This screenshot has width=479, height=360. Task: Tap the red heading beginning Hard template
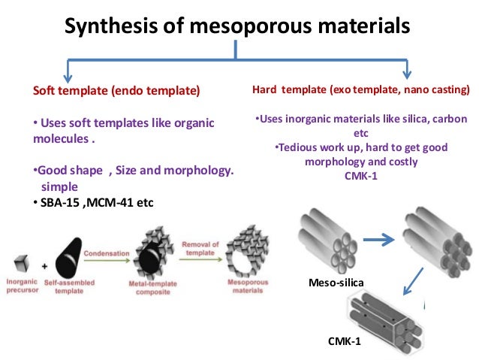pos(361,91)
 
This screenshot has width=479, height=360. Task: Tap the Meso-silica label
pos(335,283)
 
